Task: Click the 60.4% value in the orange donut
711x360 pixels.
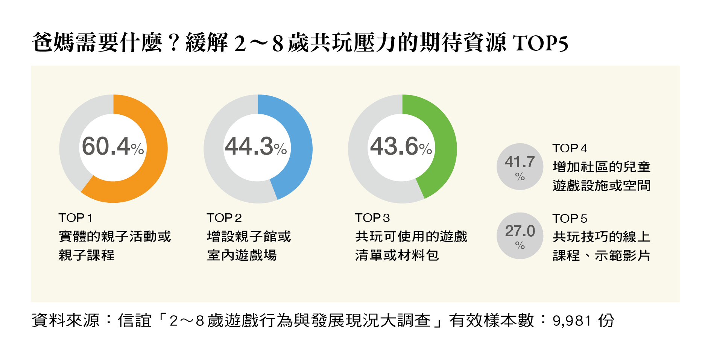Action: tap(112, 146)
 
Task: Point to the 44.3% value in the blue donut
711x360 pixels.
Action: tap(256, 146)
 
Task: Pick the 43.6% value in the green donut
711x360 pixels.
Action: tap(401, 146)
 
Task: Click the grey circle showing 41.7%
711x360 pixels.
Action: tap(520, 167)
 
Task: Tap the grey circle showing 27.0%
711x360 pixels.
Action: tap(520, 236)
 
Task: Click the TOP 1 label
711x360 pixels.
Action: tap(76, 218)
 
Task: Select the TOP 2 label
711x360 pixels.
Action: tap(224, 218)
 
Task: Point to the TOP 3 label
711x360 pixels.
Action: tap(372, 218)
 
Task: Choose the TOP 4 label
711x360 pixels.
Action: tap(570, 148)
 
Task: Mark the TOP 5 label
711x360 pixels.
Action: tap(570, 219)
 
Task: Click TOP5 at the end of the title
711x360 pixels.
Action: tap(540, 43)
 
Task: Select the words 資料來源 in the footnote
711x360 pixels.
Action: tap(65, 321)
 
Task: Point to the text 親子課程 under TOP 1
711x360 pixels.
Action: tap(87, 255)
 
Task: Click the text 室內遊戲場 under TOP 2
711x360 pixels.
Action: tap(242, 255)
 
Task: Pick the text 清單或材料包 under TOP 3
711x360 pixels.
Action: tap(397, 255)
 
